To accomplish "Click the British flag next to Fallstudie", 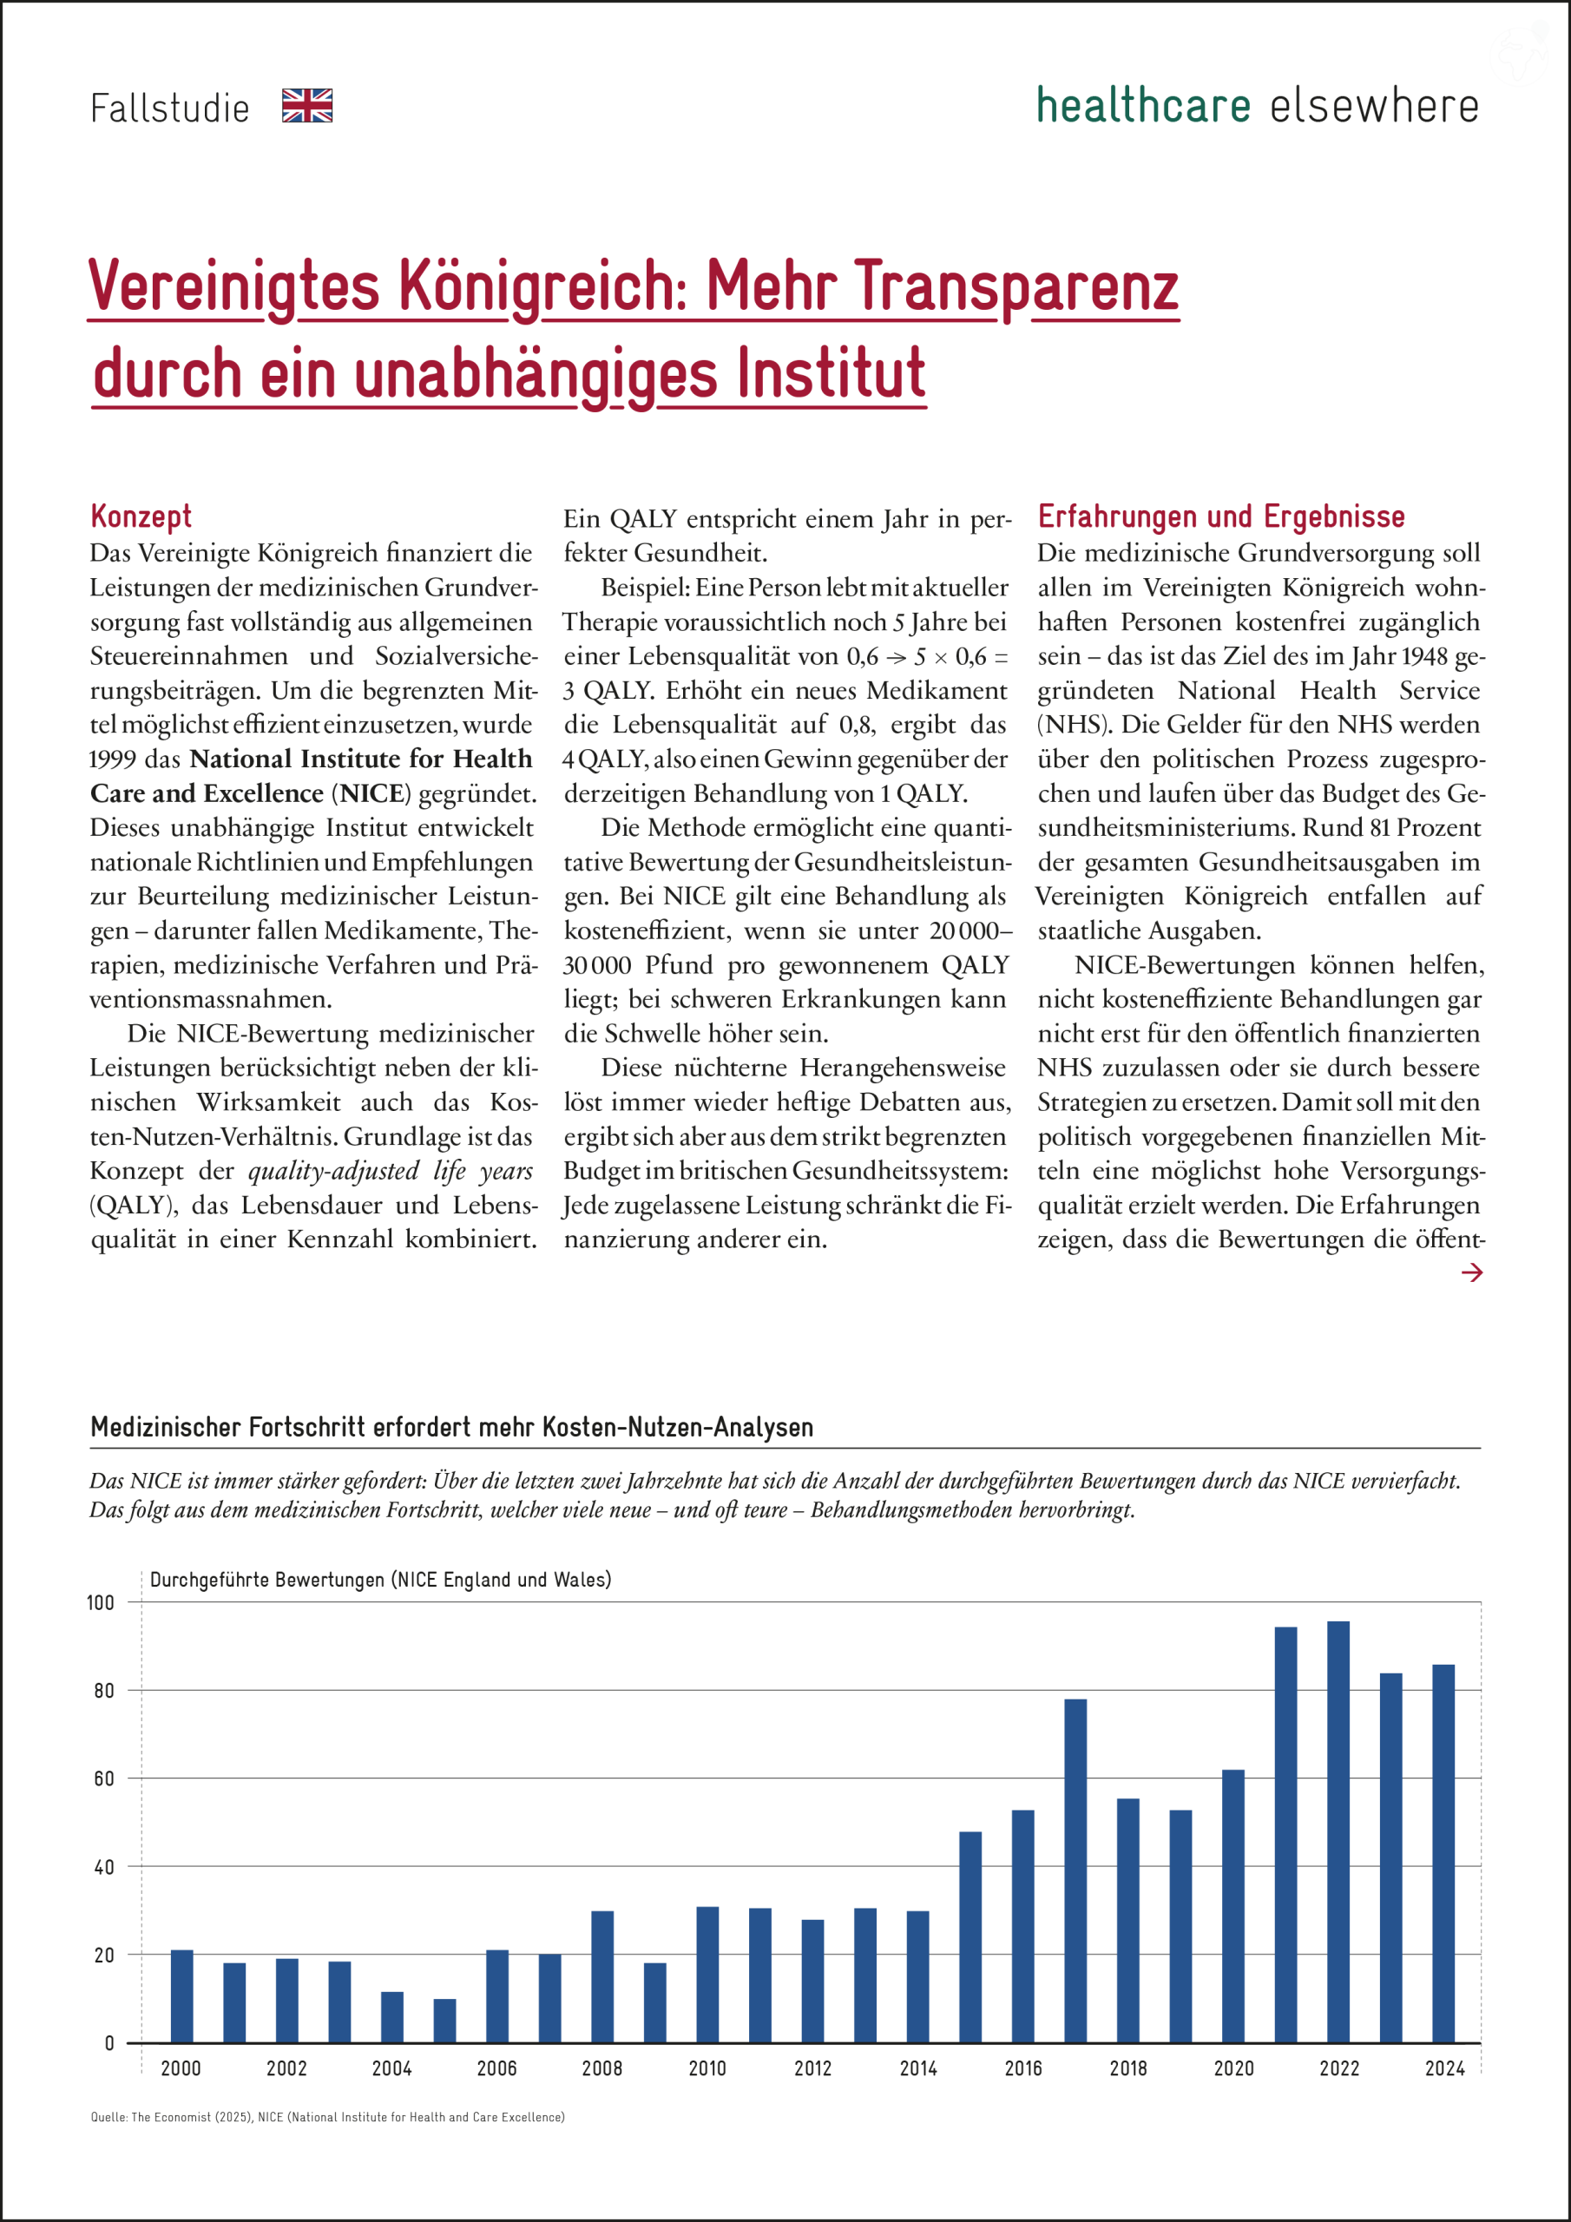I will coord(307,106).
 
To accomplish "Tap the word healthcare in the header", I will coord(1143,106).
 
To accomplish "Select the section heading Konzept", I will coord(141,516).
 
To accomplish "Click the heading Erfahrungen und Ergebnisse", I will coord(1220,516).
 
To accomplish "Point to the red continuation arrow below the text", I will coord(1471,1272).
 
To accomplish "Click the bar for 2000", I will coord(182,1995).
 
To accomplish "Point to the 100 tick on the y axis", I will coord(101,1602).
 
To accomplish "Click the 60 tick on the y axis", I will coord(103,1778).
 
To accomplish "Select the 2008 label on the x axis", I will coord(602,2068).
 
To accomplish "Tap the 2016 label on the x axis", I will coord(1023,2068).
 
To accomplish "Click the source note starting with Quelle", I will coord(327,2116).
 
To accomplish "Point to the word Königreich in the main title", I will coord(543,286).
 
